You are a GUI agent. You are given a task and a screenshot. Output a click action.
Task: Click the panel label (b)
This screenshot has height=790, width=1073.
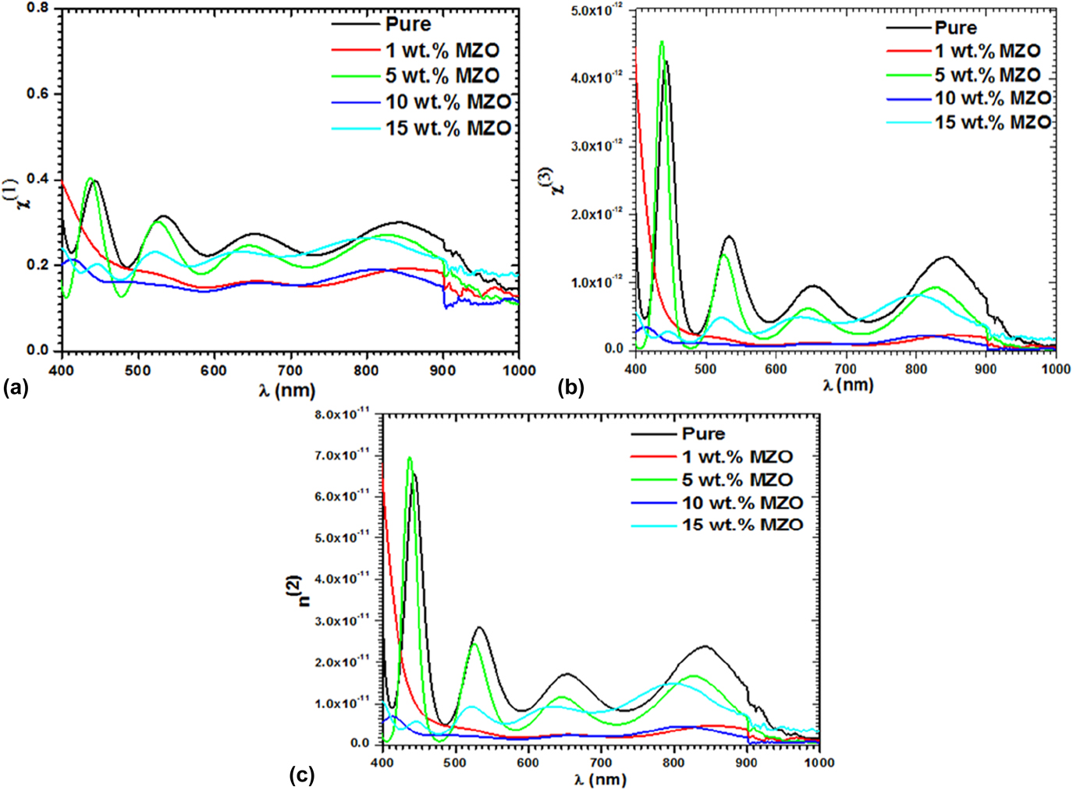tap(570, 386)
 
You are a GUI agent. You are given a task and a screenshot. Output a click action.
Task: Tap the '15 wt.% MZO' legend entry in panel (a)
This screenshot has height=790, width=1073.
tap(448, 128)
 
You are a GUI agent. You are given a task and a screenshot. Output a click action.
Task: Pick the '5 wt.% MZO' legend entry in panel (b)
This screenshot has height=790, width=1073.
tap(987, 75)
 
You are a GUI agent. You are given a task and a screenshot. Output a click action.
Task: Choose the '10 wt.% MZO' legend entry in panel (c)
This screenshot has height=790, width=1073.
tap(742, 502)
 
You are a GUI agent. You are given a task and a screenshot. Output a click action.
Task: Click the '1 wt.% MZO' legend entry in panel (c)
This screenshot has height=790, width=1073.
tap(737, 457)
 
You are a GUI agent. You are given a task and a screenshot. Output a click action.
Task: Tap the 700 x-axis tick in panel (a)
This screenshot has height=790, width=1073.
tap(290, 370)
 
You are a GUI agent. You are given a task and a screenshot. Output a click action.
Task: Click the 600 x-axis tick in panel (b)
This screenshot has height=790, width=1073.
tap(776, 369)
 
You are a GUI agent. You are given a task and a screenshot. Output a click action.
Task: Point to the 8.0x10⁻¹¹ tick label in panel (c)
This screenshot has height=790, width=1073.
tap(343, 414)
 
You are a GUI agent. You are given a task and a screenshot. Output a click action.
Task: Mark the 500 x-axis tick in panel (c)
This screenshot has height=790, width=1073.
tap(455, 763)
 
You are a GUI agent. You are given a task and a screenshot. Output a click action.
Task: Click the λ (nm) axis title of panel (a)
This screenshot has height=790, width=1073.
tap(287, 389)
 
